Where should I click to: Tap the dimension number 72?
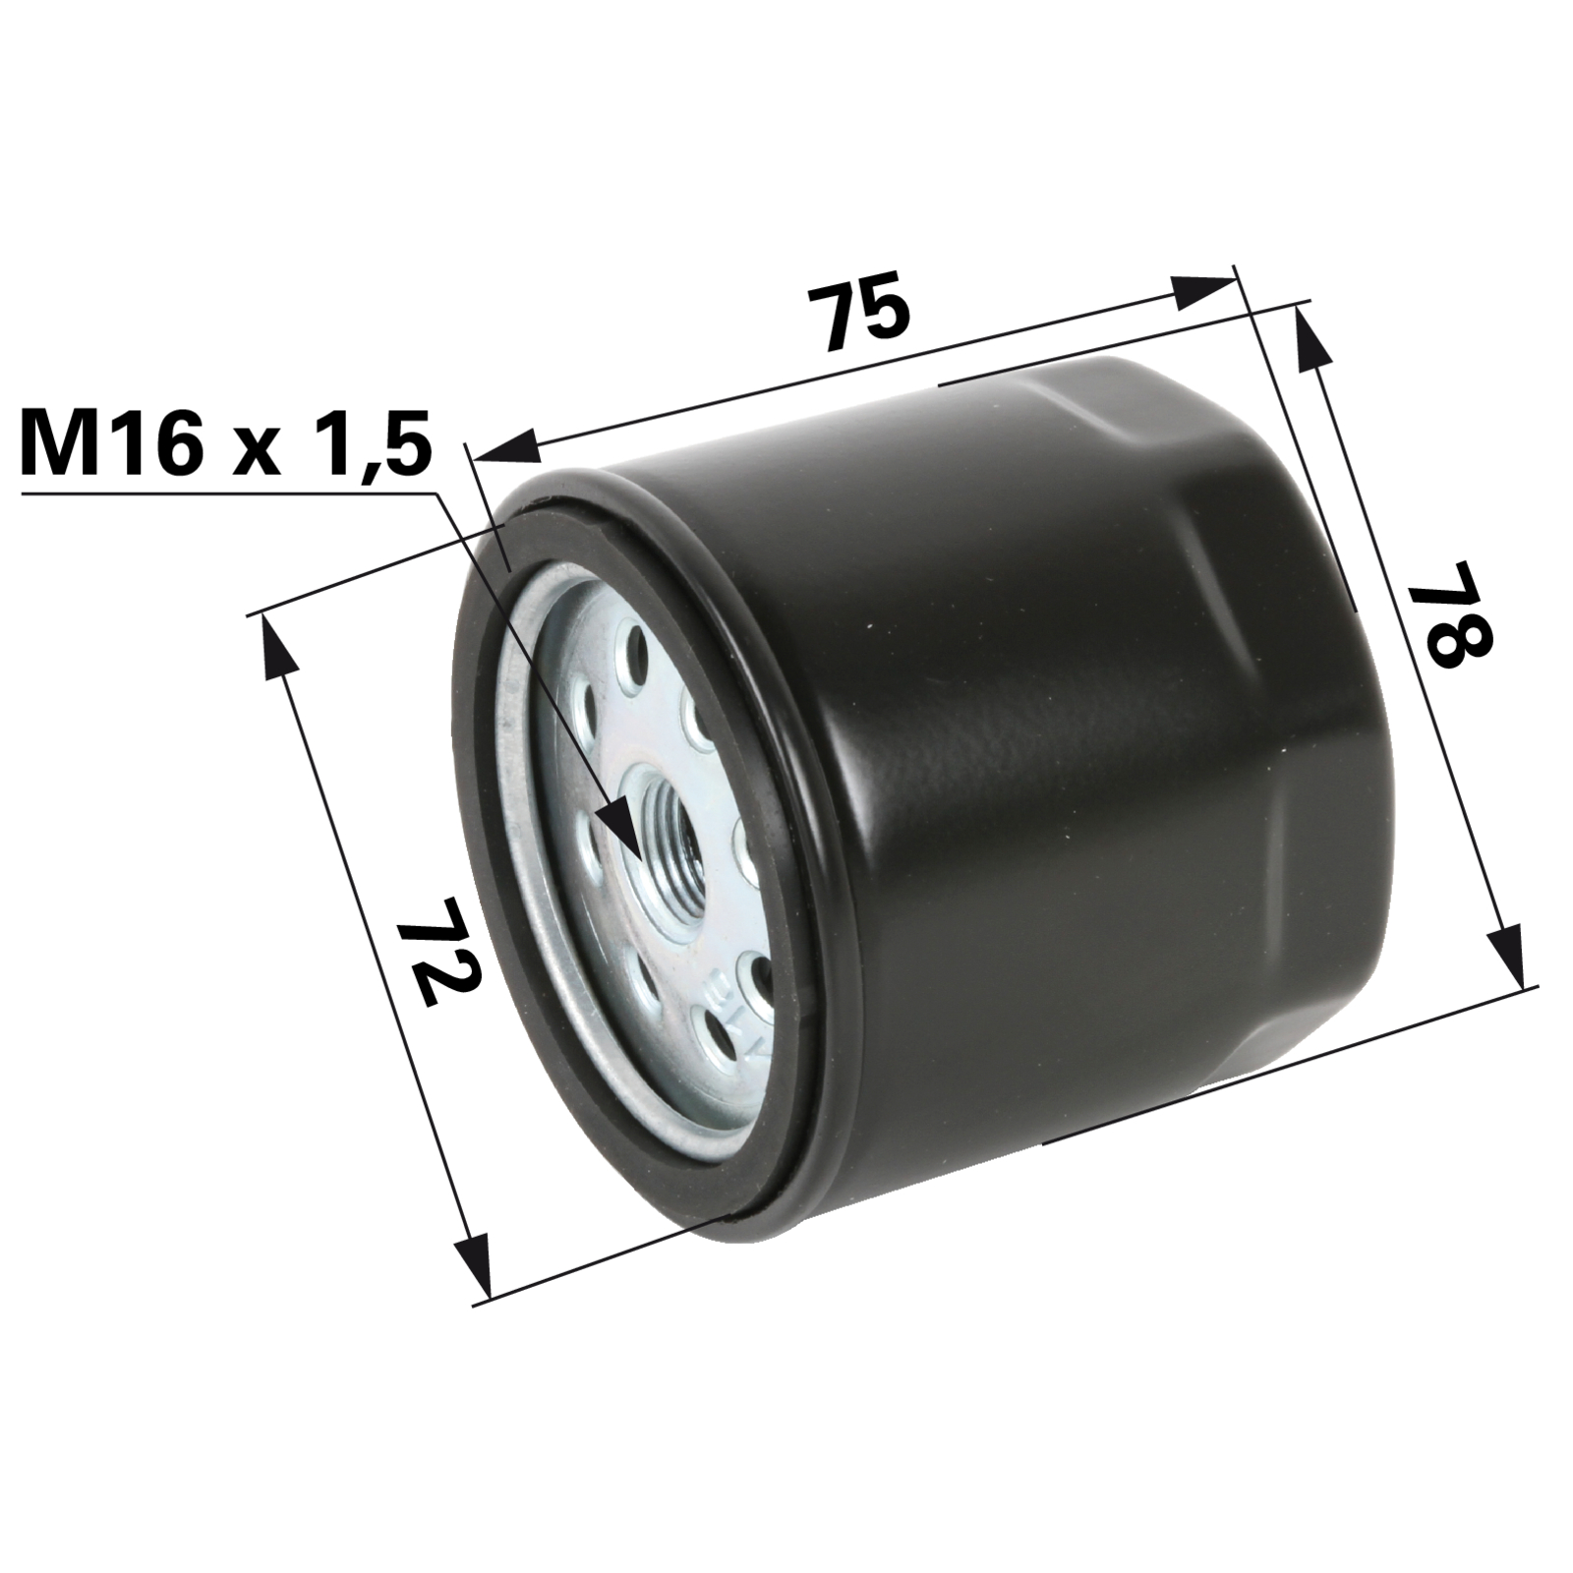point(437,948)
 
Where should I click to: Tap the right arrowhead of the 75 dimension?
point(1200,291)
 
